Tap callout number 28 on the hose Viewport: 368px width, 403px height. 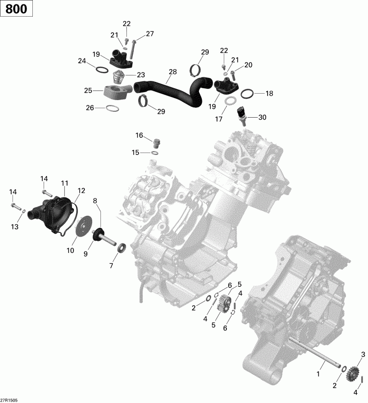point(172,72)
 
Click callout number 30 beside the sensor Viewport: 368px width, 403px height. point(263,117)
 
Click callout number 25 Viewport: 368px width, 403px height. point(88,90)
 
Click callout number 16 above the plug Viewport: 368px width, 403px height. point(140,135)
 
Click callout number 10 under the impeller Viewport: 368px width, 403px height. point(71,251)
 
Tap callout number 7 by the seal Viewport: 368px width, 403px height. point(111,266)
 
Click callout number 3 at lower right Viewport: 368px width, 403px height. point(363,354)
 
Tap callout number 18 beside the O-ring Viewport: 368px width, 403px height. point(269,94)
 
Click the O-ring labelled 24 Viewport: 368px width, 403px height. point(100,70)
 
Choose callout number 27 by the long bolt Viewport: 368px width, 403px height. point(149,34)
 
